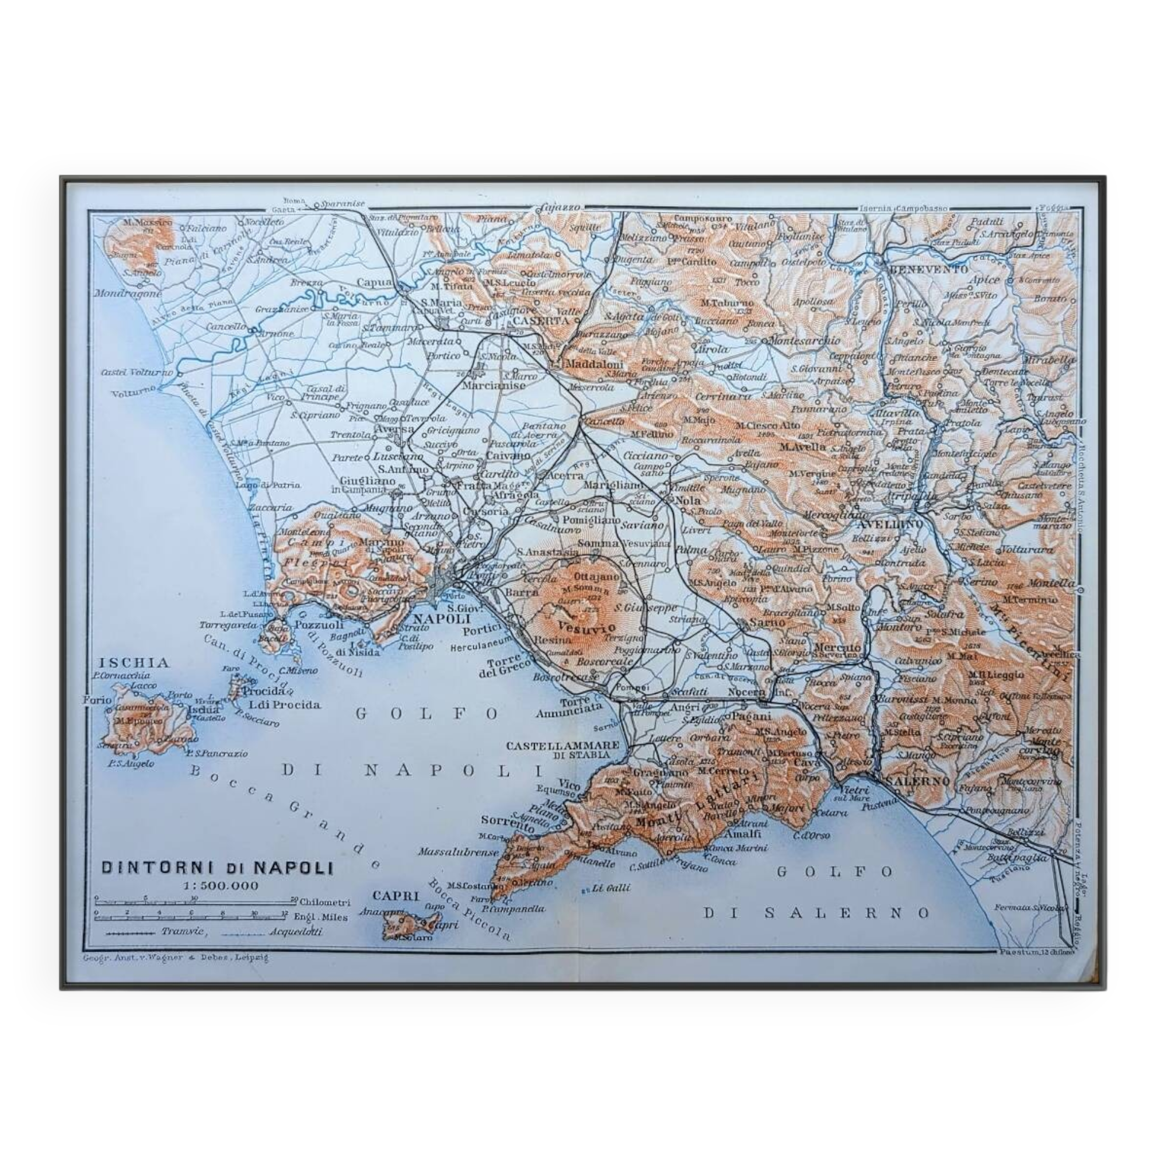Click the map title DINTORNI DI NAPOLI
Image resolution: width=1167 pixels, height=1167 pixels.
pos(217,868)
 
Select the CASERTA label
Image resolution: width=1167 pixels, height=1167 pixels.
pos(541,321)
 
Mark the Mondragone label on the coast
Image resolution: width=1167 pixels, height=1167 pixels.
pos(127,294)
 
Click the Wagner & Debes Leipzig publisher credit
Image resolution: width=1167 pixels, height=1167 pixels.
pos(175,958)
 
